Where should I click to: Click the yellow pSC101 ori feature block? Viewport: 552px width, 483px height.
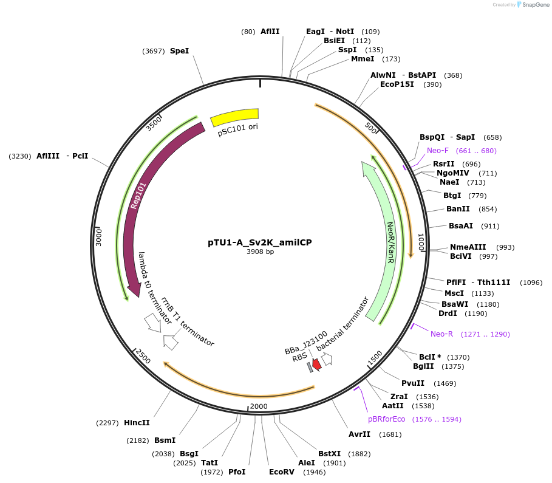pyautogui.click(x=235, y=117)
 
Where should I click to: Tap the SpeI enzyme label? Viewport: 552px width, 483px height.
pyautogui.click(x=179, y=51)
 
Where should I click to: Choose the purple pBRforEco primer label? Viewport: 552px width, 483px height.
pyautogui.click(x=386, y=419)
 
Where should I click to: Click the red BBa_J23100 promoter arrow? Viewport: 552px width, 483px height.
pyautogui.click(x=316, y=363)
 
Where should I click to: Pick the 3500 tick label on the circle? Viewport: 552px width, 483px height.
pyautogui.click(x=154, y=123)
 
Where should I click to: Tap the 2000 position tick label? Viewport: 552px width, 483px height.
pyautogui.click(x=259, y=406)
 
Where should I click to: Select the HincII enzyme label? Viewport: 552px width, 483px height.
pyautogui.click(x=137, y=422)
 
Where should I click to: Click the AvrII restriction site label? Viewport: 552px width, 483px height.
pyautogui.click(x=359, y=434)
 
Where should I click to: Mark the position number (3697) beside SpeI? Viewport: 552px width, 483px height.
pyautogui.click(x=154, y=51)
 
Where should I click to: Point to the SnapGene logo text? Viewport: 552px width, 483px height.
pyautogui.click(x=536, y=5)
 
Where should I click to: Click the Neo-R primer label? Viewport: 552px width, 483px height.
pyautogui.click(x=441, y=334)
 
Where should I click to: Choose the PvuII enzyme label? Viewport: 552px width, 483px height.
pyautogui.click(x=413, y=383)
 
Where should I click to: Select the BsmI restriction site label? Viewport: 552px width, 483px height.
pyautogui.click(x=165, y=440)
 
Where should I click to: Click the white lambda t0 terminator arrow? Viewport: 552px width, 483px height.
pyautogui.click(x=152, y=322)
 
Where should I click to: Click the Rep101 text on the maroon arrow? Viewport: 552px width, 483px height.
pyautogui.click(x=138, y=196)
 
